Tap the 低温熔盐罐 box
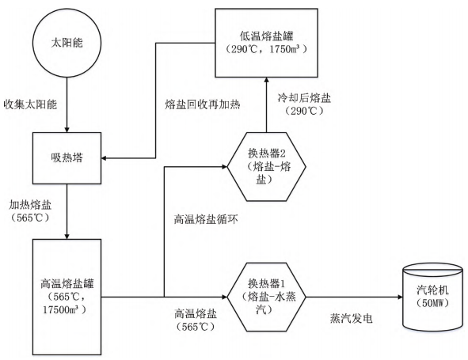click(x=264, y=43)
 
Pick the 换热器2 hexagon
click(x=264, y=167)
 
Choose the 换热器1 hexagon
click(x=264, y=297)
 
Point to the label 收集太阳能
click(x=32, y=104)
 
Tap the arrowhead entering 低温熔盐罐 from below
click(x=264, y=81)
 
